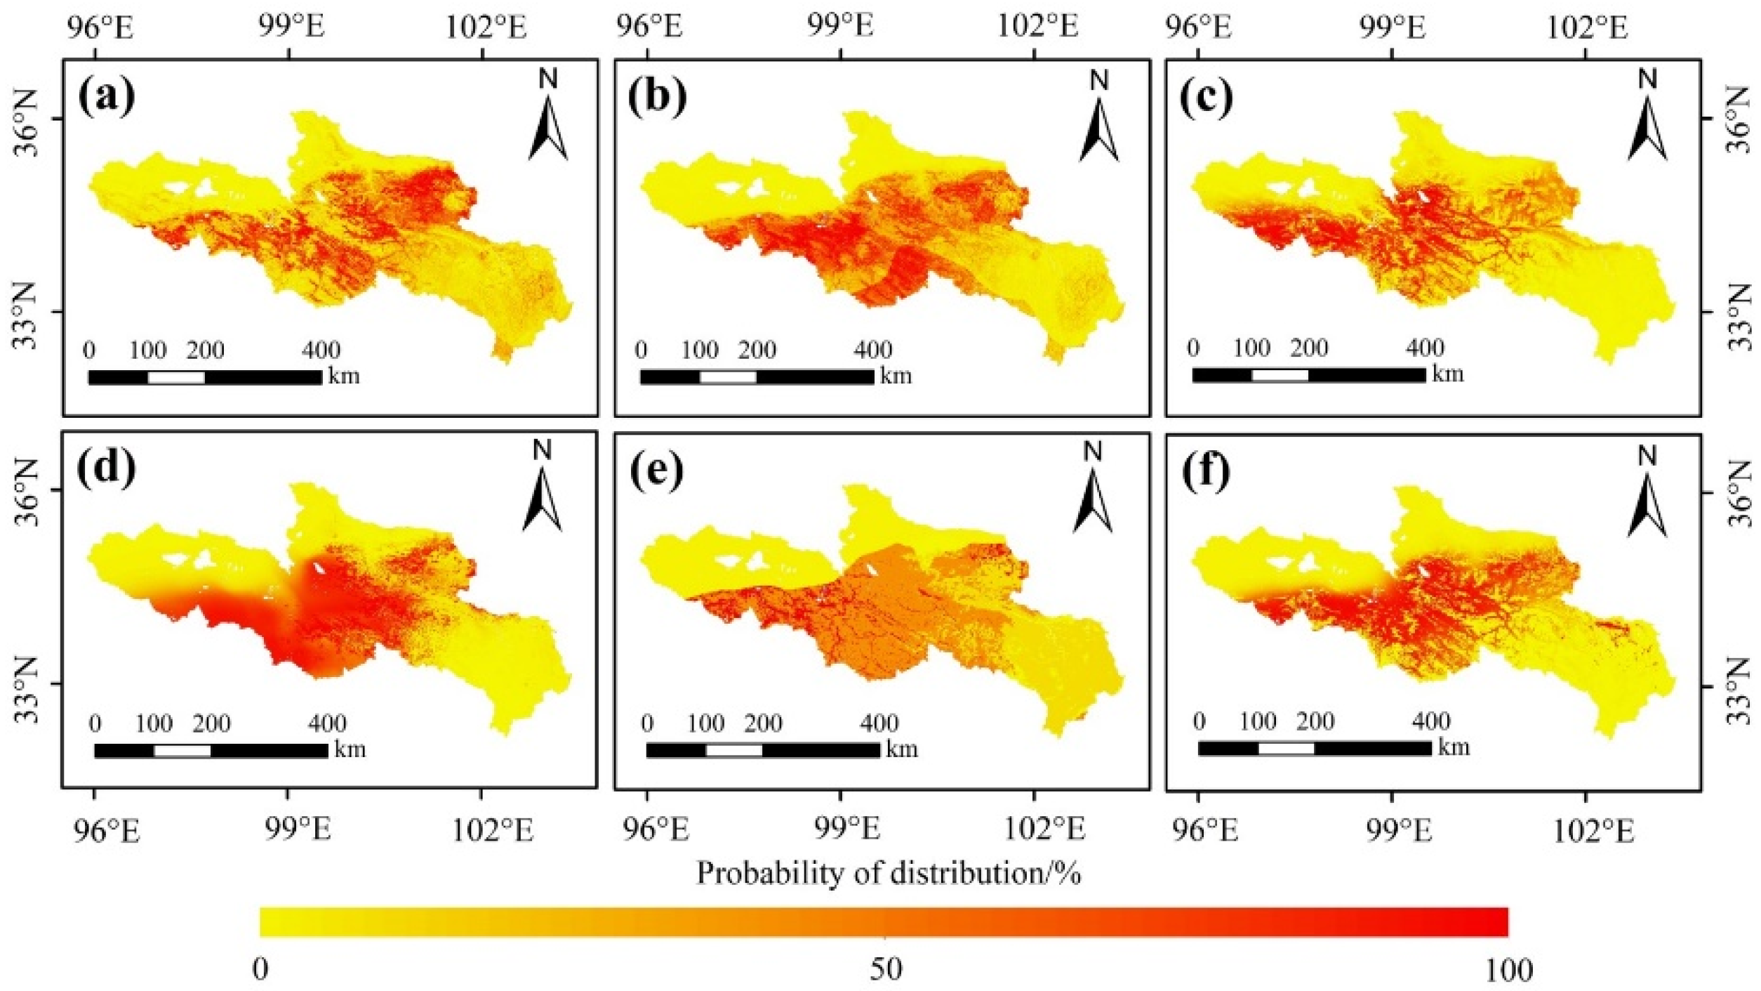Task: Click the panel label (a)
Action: (107, 97)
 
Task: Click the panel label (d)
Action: (107, 468)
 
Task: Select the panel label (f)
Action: (1206, 471)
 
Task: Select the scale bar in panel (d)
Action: (211, 751)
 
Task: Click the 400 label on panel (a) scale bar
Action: (321, 350)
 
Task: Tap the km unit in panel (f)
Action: (1454, 747)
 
